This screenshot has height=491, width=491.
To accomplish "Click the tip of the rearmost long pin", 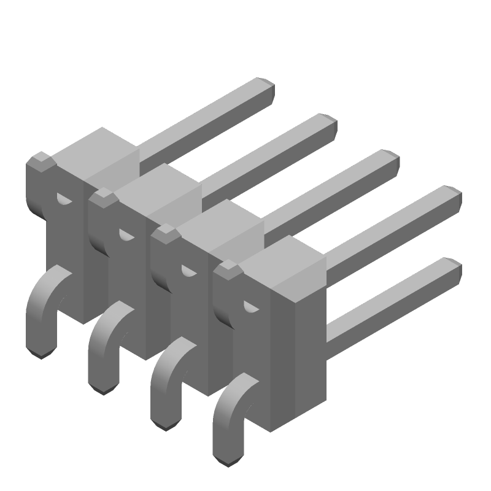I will [x=266, y=86].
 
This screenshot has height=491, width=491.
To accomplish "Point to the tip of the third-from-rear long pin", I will [x=391, y=157].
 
